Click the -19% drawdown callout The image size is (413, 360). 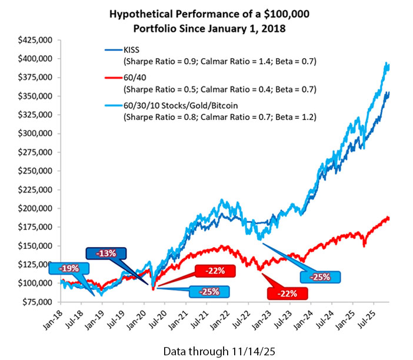click(69, 267)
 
